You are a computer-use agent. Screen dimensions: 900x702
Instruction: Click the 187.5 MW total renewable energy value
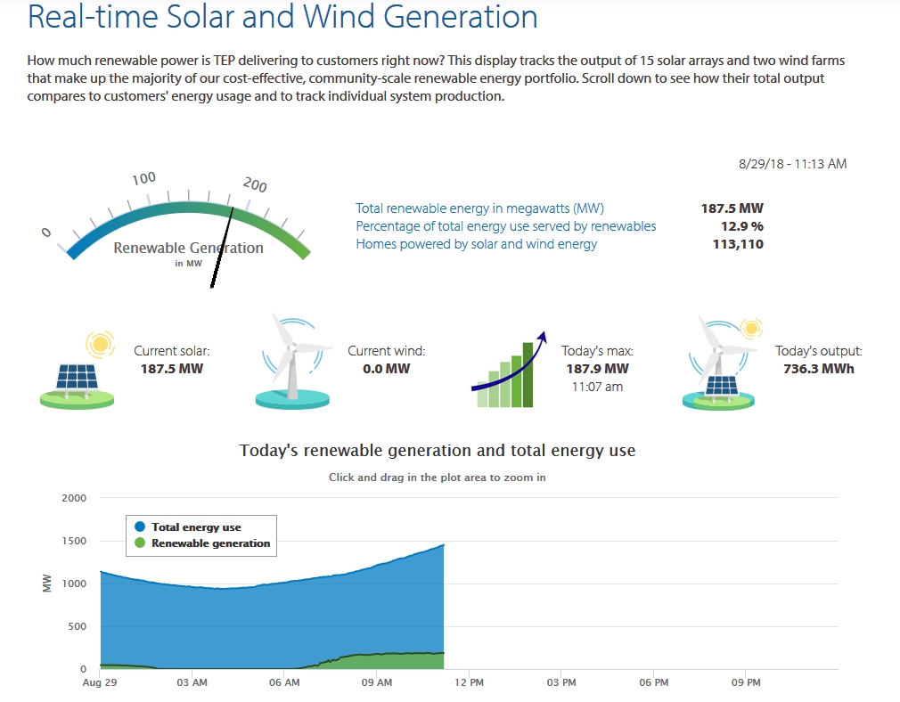[732, 208]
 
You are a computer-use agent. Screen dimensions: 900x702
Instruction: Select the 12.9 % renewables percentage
[742, 226]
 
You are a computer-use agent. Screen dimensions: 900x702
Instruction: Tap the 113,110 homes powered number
[738, 244]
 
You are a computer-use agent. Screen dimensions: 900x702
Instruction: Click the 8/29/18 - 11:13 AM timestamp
[793, 164]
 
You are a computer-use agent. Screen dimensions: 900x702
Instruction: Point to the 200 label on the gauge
[255, 184]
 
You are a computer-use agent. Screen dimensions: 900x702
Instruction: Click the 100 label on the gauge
[143, 178]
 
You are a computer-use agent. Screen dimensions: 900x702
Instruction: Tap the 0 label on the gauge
[46, 233]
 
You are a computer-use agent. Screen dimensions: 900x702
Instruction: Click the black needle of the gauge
[222, 248]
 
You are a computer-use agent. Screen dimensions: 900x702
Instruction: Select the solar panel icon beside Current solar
[78, 371]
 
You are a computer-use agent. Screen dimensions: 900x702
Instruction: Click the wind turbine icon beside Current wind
[294, 361]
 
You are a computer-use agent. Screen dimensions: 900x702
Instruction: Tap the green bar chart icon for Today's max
[509, 371]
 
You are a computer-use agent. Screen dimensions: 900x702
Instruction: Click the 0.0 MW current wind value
[387, 369]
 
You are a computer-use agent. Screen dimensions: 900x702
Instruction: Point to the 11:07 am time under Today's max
[597, 387]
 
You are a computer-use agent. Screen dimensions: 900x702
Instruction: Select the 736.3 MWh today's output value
[819, 369]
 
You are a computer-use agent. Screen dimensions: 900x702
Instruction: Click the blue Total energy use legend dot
[140, 526]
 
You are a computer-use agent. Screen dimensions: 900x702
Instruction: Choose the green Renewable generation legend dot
[140, 543]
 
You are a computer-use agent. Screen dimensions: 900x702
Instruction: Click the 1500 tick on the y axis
[74, 541]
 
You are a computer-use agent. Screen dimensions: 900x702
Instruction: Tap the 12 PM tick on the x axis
[469, 682]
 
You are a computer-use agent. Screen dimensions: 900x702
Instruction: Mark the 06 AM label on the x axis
[284, 682]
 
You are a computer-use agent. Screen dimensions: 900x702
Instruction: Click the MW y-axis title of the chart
[47, 584]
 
